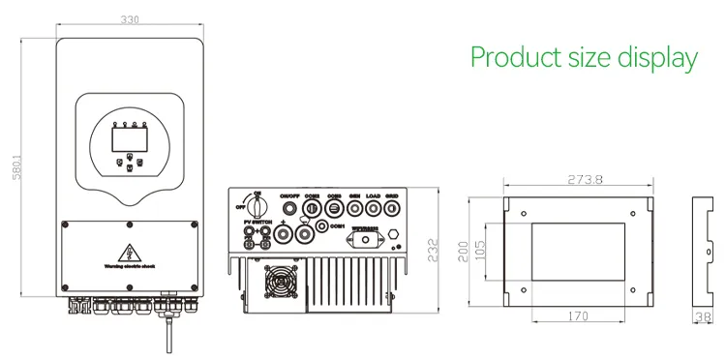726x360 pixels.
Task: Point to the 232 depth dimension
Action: pos(433,250)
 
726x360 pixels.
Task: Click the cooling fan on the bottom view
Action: pos(280,285)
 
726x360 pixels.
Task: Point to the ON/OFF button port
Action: pos(288,208)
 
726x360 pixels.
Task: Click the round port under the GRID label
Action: pos(391,207)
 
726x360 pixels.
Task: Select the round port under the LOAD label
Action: pos(373,207)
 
